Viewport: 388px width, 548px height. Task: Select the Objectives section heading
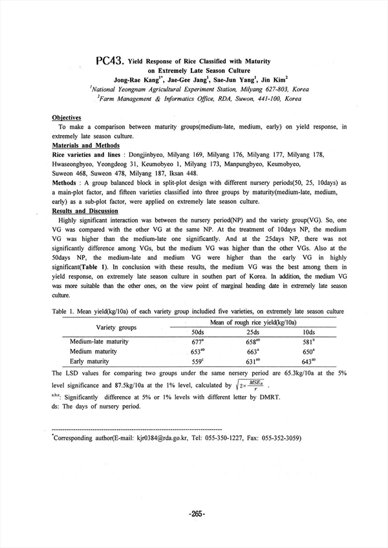[x=66, y=118]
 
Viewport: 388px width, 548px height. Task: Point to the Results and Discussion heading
[x=84, y=211]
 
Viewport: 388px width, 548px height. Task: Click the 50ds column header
[x=198, y=332]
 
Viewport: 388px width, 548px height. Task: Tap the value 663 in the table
[x=253, y=352]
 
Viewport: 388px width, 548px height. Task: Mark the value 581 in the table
[x=308, y=342]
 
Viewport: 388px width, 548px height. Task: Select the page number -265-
[x=197, y=514]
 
